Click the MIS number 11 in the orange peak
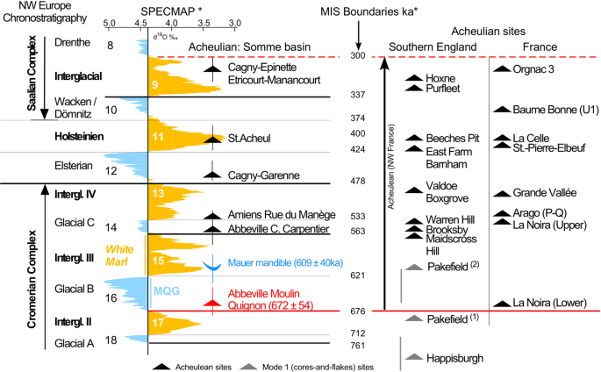click(158, 137)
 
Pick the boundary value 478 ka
click(357, 181)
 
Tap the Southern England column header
click(432, 46)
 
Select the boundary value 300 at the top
click(357, 56)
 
